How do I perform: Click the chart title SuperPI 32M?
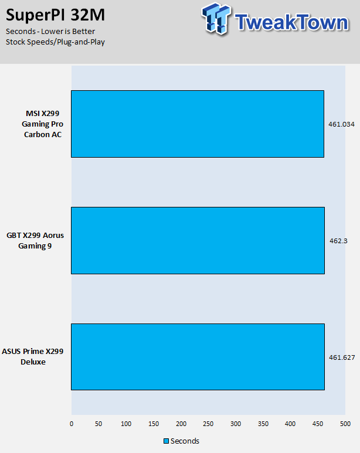coord(55,15)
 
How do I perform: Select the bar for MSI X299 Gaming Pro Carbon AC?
coord(198,124)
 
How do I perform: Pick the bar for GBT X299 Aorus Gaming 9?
coord(198,240)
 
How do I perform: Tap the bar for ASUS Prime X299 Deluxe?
coord(198,357)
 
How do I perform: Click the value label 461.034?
coord(341,124)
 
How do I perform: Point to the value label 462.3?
coord(339,241)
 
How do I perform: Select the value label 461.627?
coord(342,357)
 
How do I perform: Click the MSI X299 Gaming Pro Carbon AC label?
coord(42,124)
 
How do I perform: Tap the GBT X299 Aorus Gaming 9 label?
coord(35,240)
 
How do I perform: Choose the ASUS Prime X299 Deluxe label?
coord(33,356)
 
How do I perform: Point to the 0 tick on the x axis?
coord(72,424)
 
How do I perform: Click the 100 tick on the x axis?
coord(126,424)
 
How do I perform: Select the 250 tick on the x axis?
coord(208,424)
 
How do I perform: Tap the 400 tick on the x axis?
coord(290,424)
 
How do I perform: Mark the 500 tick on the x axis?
coord(345,424)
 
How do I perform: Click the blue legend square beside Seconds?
coord(166,441)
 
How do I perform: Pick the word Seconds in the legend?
coord(185,441)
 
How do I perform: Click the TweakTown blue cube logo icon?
coord(216,19)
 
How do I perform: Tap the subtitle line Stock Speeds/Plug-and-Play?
coord(55,42)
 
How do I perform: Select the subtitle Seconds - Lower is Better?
coord(50,32)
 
